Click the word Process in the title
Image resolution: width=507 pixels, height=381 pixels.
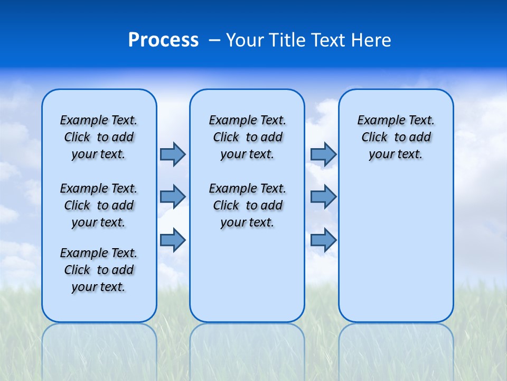[x=163, y=40]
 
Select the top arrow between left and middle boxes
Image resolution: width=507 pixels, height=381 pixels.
[x=173, y=154]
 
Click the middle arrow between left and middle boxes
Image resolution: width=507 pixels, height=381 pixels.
[x=173, y=197]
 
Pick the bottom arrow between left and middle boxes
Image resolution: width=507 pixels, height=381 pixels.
[x=173, y=240]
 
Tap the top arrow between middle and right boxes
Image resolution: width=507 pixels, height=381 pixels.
[x=323, y=154]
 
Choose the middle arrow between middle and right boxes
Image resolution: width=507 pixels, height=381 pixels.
[x=323, y=197]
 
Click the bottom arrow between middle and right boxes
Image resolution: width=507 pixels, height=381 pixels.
[x=323, y=240]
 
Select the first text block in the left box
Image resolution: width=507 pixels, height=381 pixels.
[x=99, y=137]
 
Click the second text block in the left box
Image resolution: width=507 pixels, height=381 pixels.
[x=99, y=205]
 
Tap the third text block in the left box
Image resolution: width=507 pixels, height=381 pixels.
[x=99, y=270]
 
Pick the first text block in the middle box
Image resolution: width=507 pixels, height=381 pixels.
[x=247, y=137]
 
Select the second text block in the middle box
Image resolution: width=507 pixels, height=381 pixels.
[x=247, y=205]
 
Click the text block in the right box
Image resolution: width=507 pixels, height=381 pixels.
[x=396, y=137]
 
